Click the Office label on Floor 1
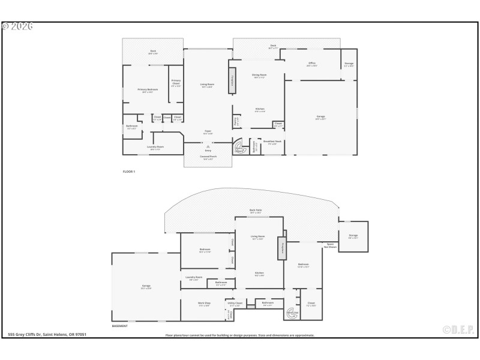point(311,63)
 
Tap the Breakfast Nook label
point(273,142)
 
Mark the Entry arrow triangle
point(208,145)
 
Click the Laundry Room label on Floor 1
point(155,147)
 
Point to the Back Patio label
point(256,210)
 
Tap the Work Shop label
point(204,304)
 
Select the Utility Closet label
point(235,304)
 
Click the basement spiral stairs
point(292,312)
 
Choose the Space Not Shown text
point(330,245)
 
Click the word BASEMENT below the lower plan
point(119,326)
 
